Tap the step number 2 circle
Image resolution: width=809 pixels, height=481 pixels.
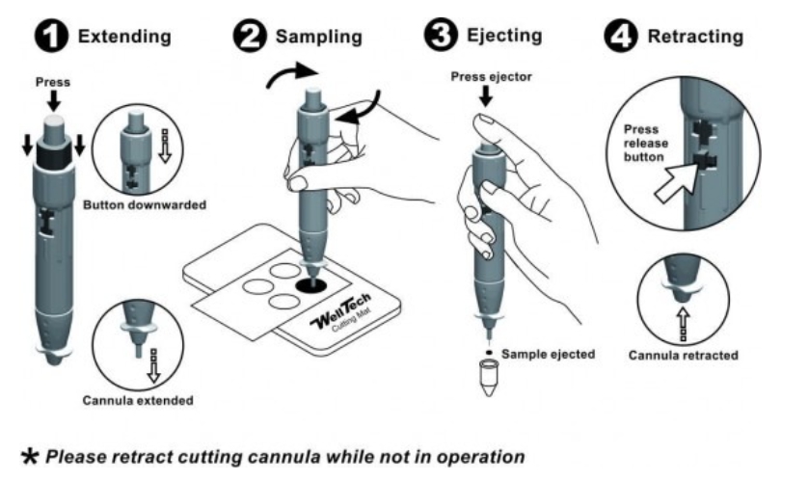pos(253,38)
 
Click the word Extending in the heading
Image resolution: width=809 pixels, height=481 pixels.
pos(124,38)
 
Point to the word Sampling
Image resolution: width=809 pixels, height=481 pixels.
pos(319,38)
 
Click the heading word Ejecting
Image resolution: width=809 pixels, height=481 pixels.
pos(501,36)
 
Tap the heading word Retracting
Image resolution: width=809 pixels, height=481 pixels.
pos(695,38)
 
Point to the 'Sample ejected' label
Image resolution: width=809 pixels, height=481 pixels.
pos(548,354)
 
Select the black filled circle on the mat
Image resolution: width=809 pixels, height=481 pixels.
pos(311,285)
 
